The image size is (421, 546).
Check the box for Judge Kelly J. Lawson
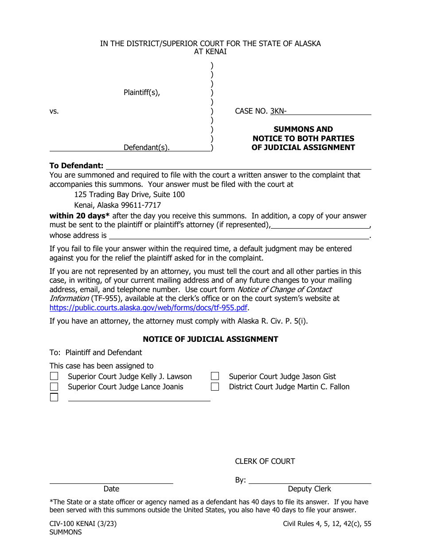(x=54, y=376)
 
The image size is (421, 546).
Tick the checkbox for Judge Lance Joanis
(x=54, y=387)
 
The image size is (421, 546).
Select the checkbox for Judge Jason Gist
(x=215, y=376)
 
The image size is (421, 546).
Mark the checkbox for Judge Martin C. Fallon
(x=215, y=387)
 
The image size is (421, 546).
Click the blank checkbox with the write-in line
(x=54, y=397)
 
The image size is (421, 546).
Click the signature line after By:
(x=310, y=480)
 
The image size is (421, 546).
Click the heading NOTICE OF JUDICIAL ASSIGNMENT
(x=210, y=339)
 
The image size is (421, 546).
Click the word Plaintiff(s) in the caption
(x=142, y=93)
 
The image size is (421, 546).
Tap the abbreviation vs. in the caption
(x=54, y=111)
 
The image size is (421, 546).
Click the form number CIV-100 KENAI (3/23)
(x=83, y=524)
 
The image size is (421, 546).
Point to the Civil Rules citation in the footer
(x=327, y=524)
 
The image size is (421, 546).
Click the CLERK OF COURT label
(x=265, y=461)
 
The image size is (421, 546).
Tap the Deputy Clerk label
(x=309, y=489)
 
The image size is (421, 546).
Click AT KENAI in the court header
(x=210, y=52)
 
